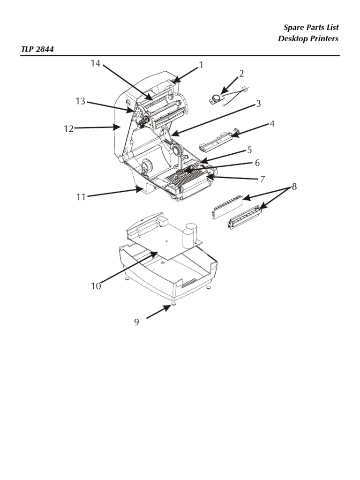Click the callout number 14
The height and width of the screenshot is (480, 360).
[96, 63]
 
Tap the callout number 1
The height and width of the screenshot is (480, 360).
[201, 65]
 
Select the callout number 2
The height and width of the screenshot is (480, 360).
[241, 73]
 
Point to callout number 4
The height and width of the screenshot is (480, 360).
[271, 124]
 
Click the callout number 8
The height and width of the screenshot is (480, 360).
[294, 187]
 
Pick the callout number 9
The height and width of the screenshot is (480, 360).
[136, 322]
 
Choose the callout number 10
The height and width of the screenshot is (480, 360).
[96, 286]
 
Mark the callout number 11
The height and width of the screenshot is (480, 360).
[81, 197]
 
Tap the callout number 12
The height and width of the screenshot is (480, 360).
[69, 129]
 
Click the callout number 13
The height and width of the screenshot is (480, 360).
[80, 101]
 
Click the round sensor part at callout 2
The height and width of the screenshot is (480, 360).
[216, 97]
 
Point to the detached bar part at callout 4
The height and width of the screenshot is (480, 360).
[218, 141]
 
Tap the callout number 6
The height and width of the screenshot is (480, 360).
[257, 163]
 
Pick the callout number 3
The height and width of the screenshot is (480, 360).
[258, 104]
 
